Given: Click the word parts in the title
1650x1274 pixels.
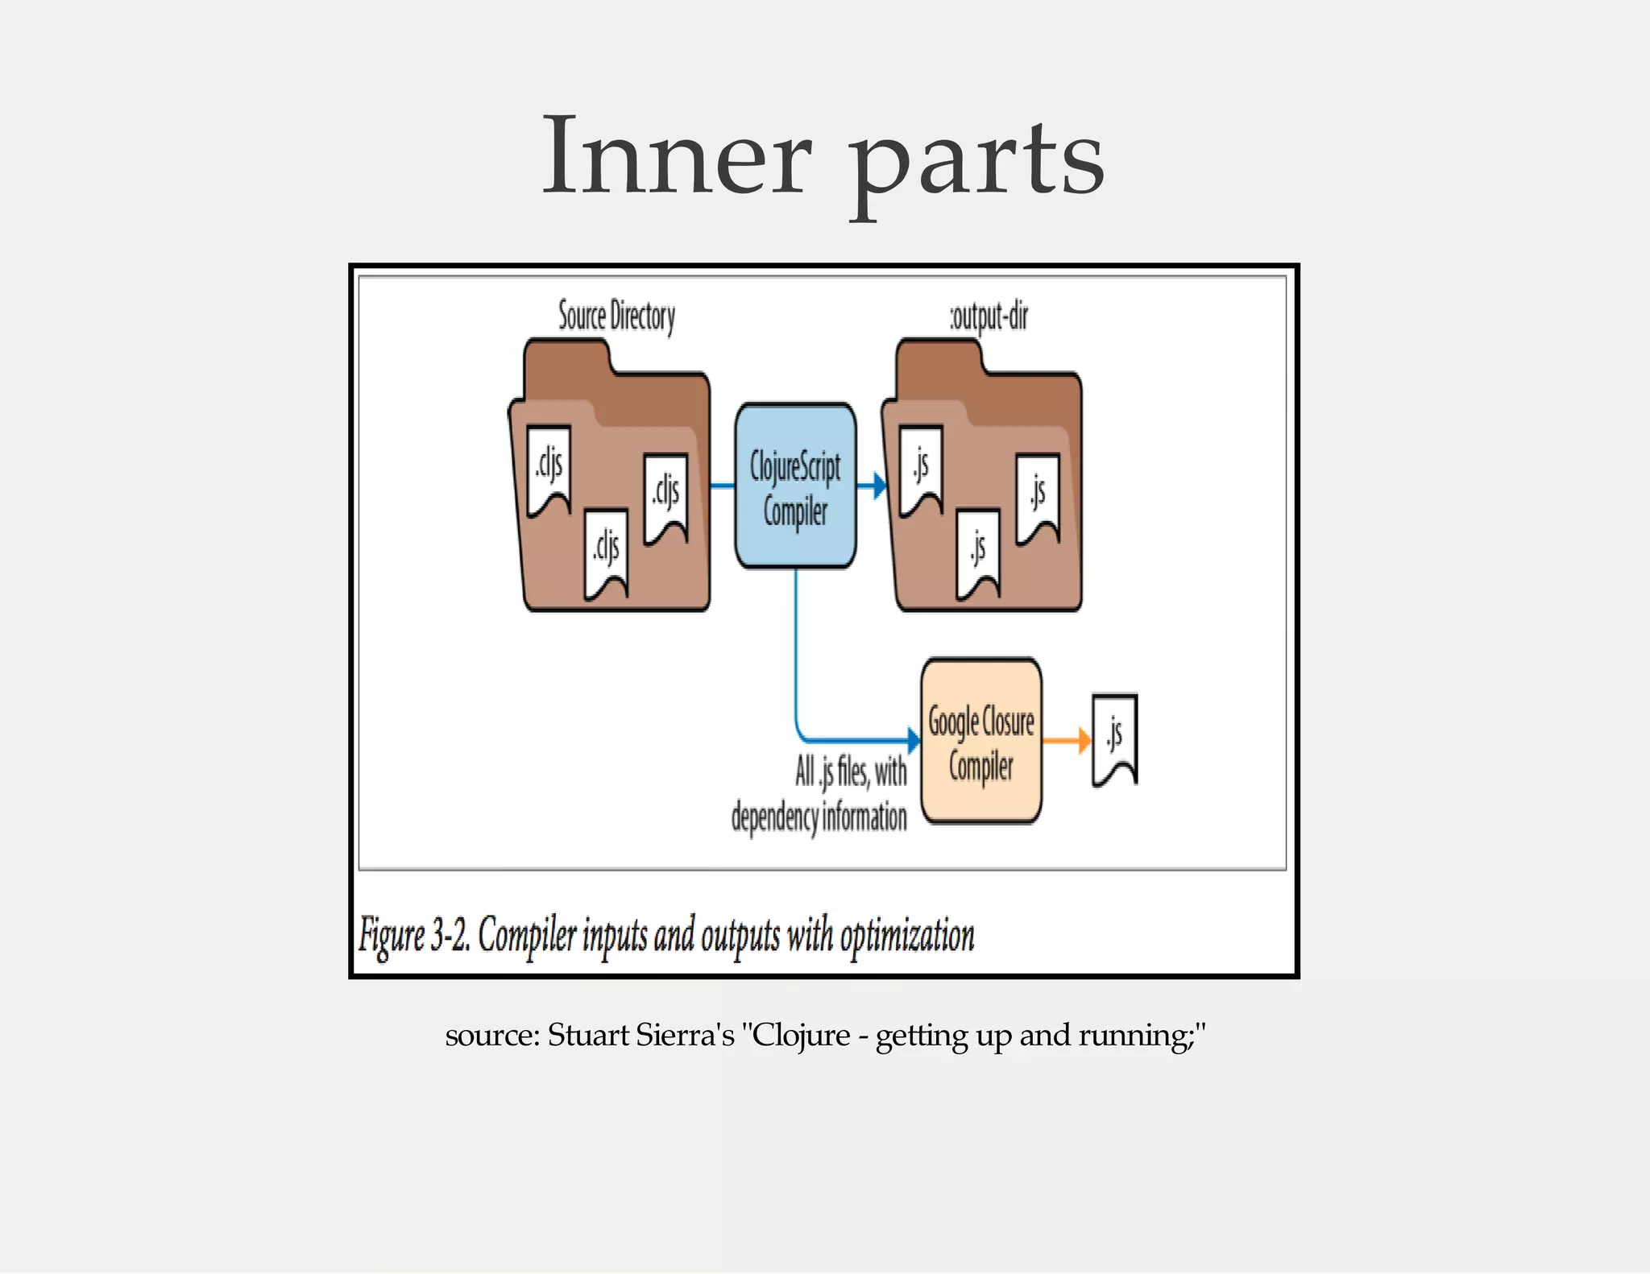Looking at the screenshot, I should coord(978,161).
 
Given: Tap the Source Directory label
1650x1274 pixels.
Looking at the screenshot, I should coord(616,316).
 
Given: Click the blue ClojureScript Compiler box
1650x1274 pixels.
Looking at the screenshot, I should coord(795,486).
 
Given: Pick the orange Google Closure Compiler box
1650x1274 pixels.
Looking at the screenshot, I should coord(981,742).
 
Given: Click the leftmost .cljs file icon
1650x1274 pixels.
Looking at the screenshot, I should coord(549,469).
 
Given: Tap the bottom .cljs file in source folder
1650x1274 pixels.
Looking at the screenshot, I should coord(606,553).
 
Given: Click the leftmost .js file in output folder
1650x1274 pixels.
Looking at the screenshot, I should coord(921,469).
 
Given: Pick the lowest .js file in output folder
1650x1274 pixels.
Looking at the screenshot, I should coord(978,553).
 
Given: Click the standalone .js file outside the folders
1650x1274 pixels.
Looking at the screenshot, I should coord(1115,738).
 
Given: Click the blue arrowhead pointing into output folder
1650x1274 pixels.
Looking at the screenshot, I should coord(879,486).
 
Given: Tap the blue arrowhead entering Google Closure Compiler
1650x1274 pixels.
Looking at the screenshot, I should coord(914,739).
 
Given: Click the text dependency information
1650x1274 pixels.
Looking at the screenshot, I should coord(819,817).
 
